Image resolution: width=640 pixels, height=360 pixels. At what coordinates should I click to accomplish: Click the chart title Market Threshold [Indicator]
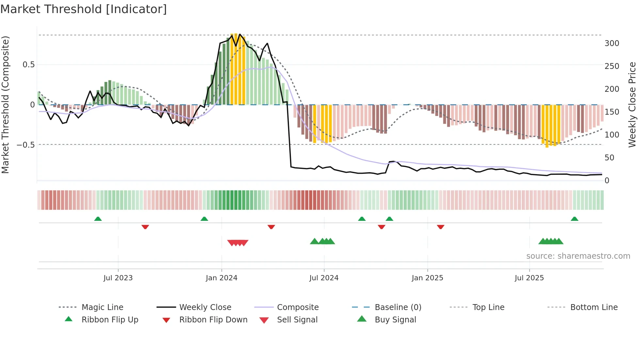point(84,9)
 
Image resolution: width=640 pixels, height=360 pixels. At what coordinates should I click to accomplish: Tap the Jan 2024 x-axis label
point(221,278)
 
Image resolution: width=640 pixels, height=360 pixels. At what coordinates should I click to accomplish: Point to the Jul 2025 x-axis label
point(529,278)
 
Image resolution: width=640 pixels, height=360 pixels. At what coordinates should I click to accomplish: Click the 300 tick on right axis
point(612,43)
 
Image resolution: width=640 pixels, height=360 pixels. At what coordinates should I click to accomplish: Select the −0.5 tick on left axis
point(25,145)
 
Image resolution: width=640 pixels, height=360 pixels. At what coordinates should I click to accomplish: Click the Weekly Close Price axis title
point(632,105)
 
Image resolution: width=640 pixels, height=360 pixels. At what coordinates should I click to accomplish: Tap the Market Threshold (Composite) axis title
point(6,105)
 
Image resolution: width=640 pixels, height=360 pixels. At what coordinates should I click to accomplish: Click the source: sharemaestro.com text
point(578,256)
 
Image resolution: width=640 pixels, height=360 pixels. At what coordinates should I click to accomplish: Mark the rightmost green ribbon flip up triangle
point(574,219)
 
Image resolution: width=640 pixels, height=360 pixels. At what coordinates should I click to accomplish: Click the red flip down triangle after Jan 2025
point(440,227)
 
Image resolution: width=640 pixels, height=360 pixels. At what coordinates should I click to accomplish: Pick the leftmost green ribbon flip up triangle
point(98,219)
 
